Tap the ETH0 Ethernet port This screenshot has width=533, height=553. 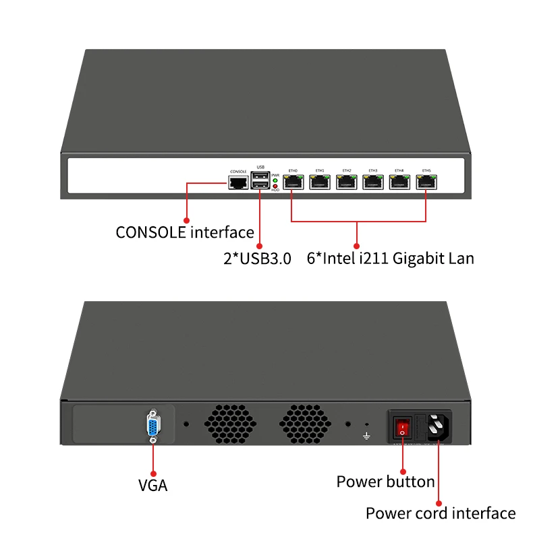[x=293, y=182]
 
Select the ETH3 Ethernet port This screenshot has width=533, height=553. [x=372, y=182]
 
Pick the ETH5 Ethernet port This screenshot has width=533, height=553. [x=426, y=182]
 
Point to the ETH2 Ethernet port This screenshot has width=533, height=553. [x=346, y=182]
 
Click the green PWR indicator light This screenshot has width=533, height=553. [x=275, y=181]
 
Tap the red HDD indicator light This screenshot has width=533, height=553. [x=275, y=187]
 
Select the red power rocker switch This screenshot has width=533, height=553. [x=403, y=427]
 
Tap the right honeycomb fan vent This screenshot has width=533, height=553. [x=305, y=424]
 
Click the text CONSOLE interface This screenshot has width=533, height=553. [x=185, y=232]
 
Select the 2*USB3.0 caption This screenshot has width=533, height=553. [x=257, y=258]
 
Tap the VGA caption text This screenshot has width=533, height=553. [x=152, y=484]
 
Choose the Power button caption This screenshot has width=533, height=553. [x=385, y=482]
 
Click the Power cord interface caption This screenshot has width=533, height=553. [x=440, y=513]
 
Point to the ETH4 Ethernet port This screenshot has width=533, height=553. [x=399, y=182]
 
